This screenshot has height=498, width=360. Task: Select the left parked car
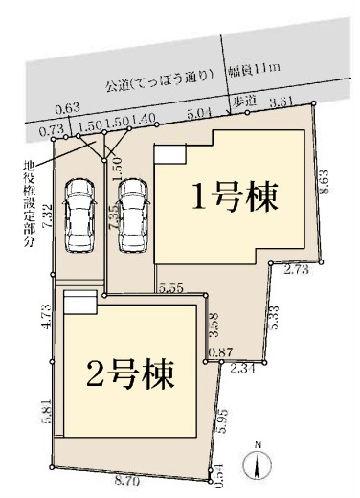coord(76,215)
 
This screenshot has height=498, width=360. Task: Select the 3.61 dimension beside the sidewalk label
coord(281,102)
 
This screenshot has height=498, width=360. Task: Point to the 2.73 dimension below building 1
coord(296,272)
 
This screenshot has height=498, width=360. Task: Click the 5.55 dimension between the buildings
coord(172,287)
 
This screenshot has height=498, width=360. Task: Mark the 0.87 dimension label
coord(220,352)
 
